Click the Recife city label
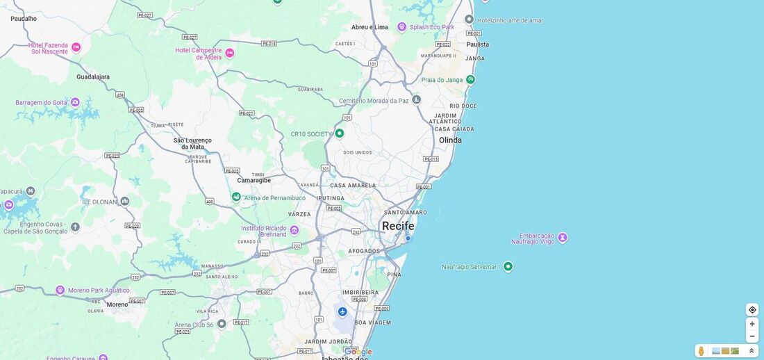[x=398, y=226]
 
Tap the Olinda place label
[x=450, y=140]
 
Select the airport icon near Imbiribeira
[x=342, y=311]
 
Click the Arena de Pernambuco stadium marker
[x=236, y=197]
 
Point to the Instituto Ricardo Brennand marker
[x=294, y=230]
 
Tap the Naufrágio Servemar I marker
[x=508, y=266]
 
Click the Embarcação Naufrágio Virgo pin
[x=563, y=238]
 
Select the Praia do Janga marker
[x=470, y=79]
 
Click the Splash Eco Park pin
[x=401, y=26]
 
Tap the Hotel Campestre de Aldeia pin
[x=230, y=53]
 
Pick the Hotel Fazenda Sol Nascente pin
[x=76, y=47]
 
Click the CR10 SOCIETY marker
[x=340, y=133]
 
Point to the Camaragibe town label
[x=254, y=180]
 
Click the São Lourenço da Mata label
[x=192, y=143]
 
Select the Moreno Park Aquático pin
[x=60, y=290]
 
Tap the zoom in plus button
[x=752, y=324]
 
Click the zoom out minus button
[x=752, y=336]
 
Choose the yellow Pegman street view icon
[x=701, y=351]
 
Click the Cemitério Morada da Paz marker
[x=416, y=100]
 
